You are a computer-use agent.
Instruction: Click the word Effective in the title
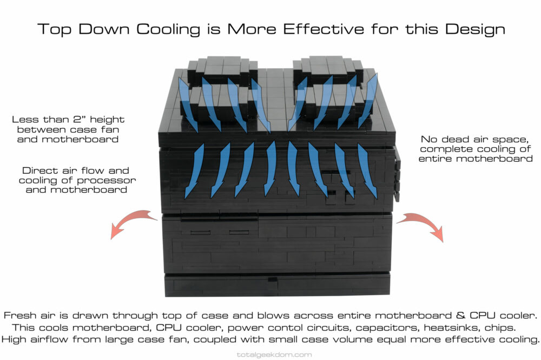324,29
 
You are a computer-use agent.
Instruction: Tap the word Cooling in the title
168,30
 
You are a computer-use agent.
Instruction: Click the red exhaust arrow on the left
133,222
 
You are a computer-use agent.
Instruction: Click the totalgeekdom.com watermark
274,355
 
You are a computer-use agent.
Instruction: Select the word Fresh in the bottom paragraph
20,316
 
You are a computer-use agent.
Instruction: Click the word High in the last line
14,339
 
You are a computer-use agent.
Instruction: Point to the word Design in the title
475,30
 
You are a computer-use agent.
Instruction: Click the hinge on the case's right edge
397,174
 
